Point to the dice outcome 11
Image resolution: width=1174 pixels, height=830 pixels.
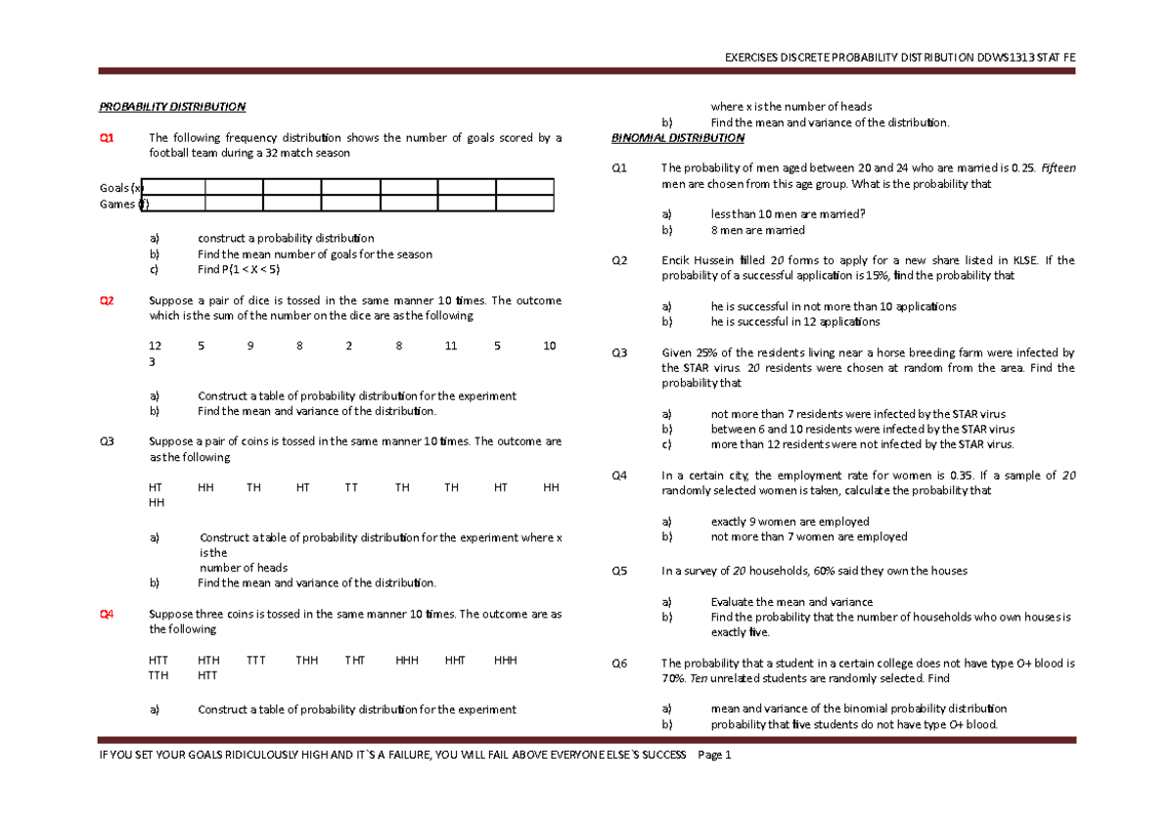pos(450,346)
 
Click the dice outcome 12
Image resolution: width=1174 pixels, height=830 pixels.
pos(155,346)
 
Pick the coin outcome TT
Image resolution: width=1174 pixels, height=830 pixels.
pos(351,487)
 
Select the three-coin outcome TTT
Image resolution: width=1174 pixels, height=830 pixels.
pos(255,660)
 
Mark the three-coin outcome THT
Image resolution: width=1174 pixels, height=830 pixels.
pos(354,660)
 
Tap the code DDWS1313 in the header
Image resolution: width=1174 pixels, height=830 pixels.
pos(1007,56)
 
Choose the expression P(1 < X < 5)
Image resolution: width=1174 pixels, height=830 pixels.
pos(239,269)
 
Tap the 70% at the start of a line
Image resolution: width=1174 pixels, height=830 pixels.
pos(673,678)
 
